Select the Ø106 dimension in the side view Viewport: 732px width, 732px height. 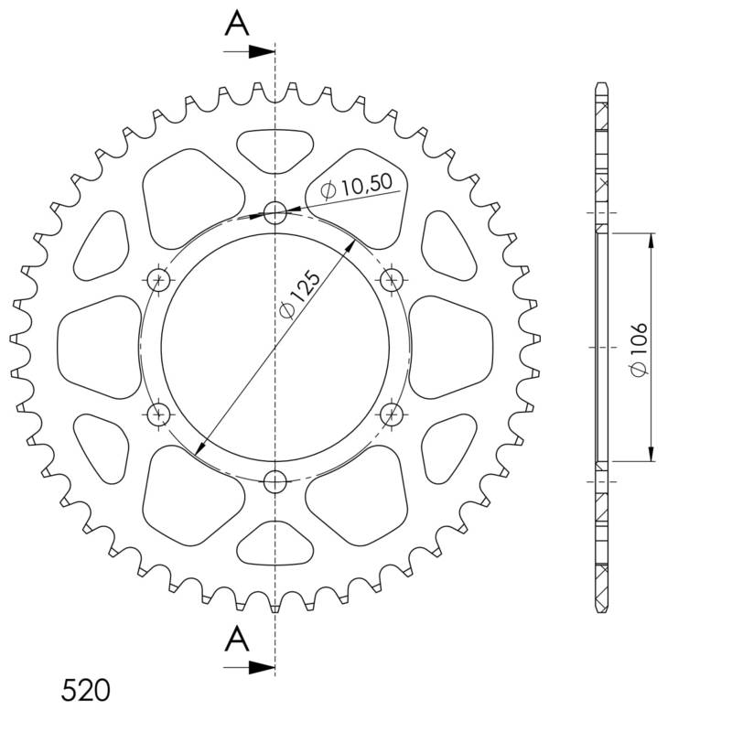(x=640, y=348)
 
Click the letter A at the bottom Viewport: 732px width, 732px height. (x=237, y=638)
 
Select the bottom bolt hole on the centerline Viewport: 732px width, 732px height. (x=275, y=481)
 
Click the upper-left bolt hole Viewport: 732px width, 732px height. (x=159, y=278)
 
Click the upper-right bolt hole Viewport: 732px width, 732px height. (x=392, y=278)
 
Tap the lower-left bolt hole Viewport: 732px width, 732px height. (x=159, y=414)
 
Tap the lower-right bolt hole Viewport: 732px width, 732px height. (x=392, y=414)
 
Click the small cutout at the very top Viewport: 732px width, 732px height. (x=275, y=146)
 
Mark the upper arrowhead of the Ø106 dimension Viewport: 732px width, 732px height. (x=651, y=241)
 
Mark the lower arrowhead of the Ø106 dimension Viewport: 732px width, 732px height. (x=651, y=454)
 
